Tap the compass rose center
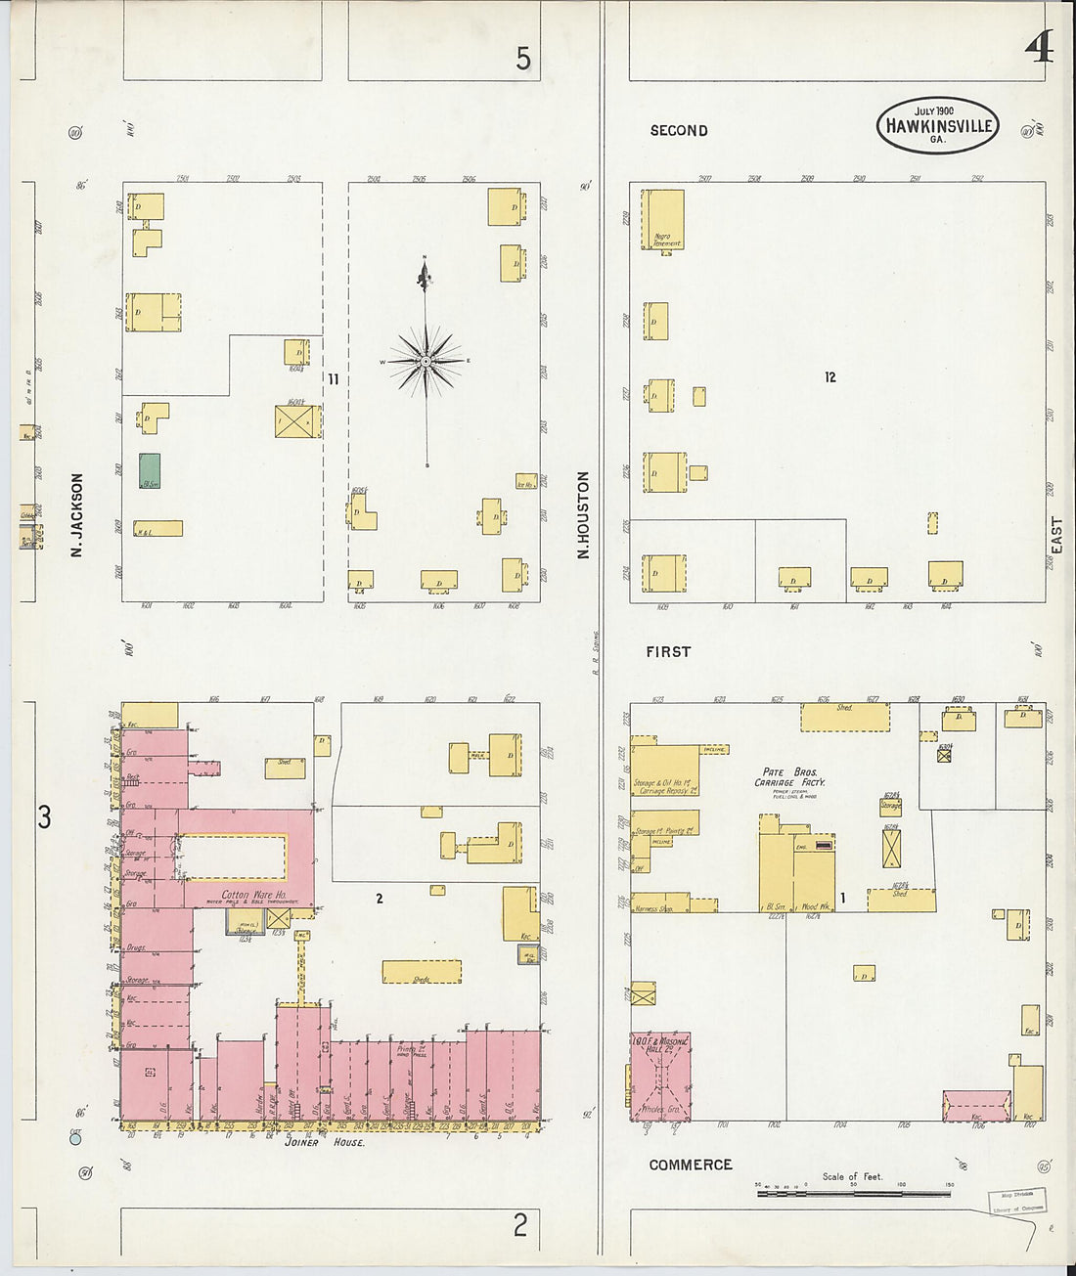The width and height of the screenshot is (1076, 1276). [426, 362]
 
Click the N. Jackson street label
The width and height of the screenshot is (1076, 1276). [77, 515]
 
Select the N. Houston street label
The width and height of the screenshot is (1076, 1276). [583, 515]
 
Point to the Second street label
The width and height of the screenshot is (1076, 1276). [678, 131]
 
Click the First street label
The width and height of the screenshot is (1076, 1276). [668, 651]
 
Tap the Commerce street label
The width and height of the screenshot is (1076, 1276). [690, 1165]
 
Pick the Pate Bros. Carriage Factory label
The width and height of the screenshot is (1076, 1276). [789, 777]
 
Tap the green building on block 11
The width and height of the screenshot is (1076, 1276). [150, 470]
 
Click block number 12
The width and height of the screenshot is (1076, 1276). [829, 377]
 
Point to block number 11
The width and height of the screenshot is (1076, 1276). [333, 379]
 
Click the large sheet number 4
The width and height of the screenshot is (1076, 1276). [1038, 48]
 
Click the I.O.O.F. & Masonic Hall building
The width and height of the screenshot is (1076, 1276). [660, 1075]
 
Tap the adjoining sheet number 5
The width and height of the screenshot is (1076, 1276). [523, 60]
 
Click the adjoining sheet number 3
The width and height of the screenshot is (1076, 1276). [44, 817]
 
